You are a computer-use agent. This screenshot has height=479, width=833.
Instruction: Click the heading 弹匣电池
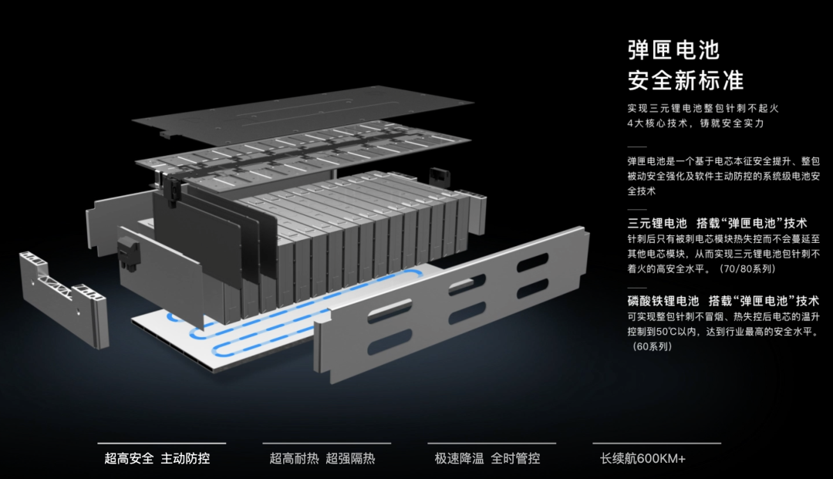coord(673,50)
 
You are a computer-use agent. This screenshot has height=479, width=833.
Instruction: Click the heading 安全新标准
coord(686,80)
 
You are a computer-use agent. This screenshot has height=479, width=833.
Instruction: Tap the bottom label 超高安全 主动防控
coord(157,458)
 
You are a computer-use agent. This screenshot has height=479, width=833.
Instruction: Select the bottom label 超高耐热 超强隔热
coord(322,458)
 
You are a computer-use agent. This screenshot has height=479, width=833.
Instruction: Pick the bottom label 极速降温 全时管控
coord(487,458)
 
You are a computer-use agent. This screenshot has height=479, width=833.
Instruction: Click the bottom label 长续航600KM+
coord(642,458)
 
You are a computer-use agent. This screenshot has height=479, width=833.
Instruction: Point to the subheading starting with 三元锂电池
coord(717,223)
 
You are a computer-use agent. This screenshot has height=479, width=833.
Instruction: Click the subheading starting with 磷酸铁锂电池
coord(723,301)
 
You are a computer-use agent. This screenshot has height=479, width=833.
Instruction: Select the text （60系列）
coord(653,346)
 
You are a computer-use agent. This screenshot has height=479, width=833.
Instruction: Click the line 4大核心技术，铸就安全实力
coord(696,123)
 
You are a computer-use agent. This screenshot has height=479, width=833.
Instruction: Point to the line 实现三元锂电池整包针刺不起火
coord(708,109)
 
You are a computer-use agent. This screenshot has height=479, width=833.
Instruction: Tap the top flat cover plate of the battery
coord(301,116)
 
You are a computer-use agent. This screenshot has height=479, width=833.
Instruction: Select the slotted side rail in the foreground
coord(455,309)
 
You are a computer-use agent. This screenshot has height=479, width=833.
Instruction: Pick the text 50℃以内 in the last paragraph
coord(686,332)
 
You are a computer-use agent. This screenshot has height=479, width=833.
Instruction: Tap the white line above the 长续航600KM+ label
coord(656,444)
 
